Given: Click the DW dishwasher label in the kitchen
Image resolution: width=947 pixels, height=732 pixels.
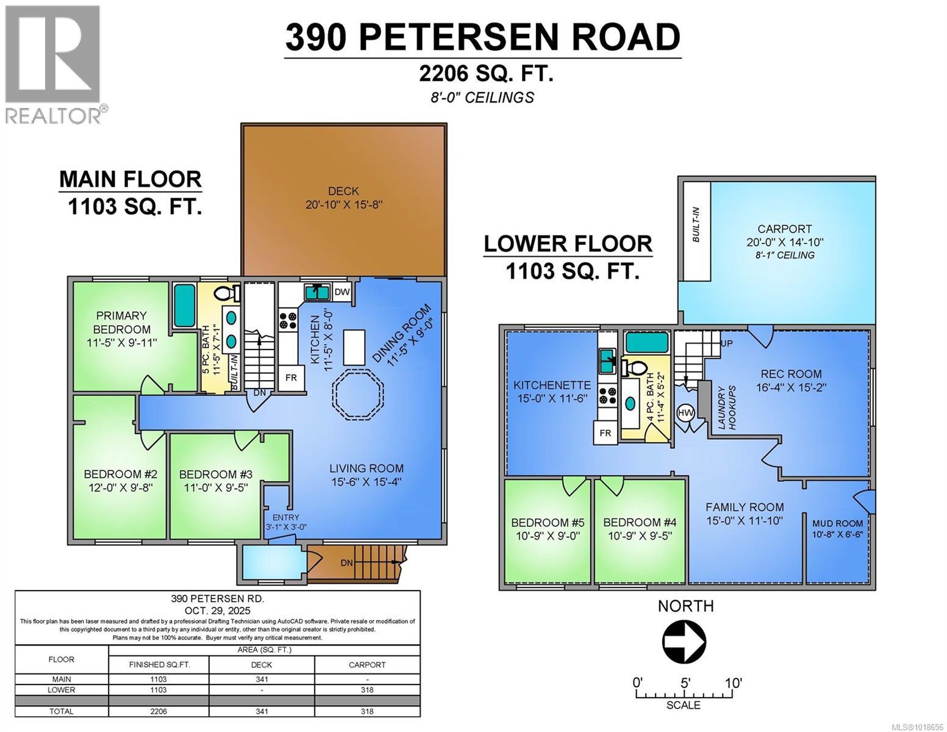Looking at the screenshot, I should (x=342, y=292).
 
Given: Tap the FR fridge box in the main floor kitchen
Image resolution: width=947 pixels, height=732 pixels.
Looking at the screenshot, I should (x=291, y=378).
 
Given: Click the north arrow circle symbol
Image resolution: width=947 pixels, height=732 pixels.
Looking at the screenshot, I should (x=684, y=642).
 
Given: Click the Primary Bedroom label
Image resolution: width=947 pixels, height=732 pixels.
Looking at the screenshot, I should (x=121, y=322).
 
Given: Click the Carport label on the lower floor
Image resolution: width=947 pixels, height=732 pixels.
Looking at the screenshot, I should (x=784, y=229).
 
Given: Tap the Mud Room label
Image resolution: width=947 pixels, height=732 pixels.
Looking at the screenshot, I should (x=837, y=523).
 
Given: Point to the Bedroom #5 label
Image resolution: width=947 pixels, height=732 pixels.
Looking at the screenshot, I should (x=547, y=523).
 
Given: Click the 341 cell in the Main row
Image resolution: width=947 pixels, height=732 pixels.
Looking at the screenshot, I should (x=262, y=679).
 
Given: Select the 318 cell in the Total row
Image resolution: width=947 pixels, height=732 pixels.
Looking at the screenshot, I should (x=367, y=711).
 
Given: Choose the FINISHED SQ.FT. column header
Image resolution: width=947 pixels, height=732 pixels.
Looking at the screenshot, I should (x=159, y=665).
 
